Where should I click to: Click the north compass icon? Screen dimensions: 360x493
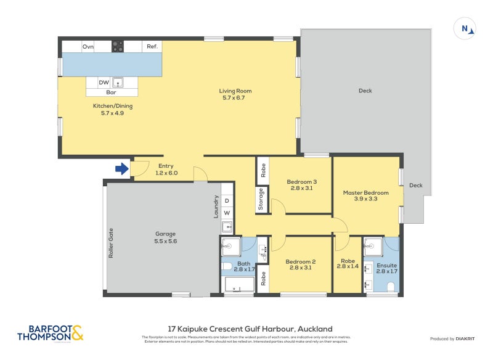point(466,28)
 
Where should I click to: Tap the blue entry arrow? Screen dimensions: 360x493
point(123,168)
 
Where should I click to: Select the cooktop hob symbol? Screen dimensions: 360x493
point(117,46)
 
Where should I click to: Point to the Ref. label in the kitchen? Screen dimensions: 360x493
point(152,46)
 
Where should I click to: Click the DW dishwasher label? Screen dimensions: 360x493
point(104,82)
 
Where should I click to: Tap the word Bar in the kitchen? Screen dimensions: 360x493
point(112,92)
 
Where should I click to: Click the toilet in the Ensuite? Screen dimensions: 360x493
point(391,287)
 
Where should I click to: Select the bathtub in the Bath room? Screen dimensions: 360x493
point(239,285)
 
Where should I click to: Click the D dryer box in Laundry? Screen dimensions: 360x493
point(227,201)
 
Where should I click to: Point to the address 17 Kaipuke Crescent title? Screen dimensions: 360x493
point(250,329)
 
